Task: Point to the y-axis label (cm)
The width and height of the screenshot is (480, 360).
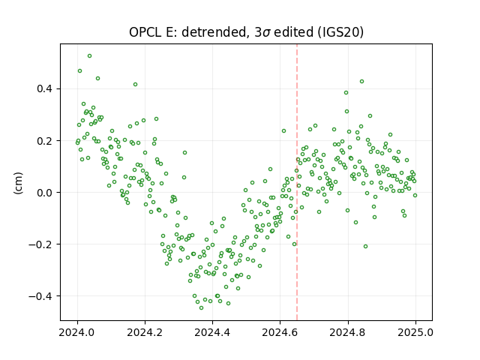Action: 18,183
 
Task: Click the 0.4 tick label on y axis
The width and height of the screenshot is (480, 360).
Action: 44,88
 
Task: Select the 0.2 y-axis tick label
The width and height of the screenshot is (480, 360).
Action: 44,141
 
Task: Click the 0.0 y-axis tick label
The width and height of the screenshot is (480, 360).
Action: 44,193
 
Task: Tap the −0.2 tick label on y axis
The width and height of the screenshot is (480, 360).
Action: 40,244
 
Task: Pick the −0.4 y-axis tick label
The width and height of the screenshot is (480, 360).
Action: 40,296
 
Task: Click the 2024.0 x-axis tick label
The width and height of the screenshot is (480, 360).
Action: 77,332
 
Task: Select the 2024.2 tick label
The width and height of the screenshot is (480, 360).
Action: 145,332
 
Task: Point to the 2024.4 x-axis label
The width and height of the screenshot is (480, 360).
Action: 212,332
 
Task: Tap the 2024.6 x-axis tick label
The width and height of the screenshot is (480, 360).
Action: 280,332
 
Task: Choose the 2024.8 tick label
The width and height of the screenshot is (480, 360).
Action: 348,332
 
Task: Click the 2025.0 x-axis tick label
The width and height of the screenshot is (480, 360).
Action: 415,332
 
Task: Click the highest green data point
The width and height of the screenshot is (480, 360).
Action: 90,56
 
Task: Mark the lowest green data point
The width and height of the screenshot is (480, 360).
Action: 201,307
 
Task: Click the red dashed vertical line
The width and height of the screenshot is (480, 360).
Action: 297,182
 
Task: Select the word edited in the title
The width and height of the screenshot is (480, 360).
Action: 293,32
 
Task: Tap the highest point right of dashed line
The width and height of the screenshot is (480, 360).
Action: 361,82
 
